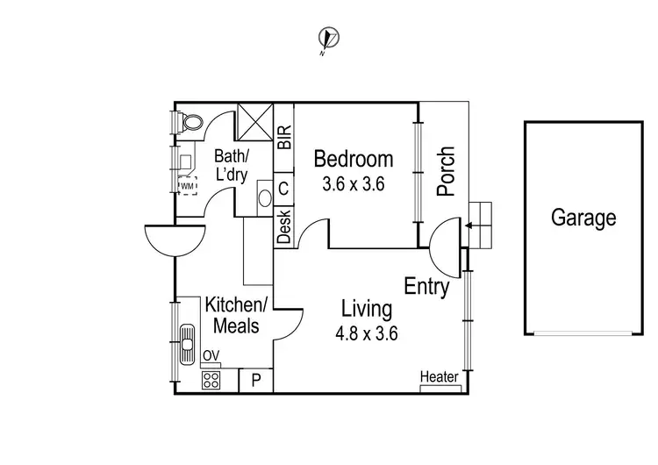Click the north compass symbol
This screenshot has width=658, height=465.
point(330,39)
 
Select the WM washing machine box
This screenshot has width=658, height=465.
point(188,186)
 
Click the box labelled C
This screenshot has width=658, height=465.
point(283,188)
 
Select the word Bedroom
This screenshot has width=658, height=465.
point(354,160)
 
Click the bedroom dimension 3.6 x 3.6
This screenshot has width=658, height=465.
point(354,184)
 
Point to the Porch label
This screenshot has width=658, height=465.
point(446,171)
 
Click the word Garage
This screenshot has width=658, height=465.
point(583,218)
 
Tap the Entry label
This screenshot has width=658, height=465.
point(426,286)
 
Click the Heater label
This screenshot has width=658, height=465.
point(440,377)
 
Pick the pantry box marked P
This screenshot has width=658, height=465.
point(256,380)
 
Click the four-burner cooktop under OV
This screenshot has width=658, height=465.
point(211,380)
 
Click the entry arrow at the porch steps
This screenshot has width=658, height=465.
point(470,226)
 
